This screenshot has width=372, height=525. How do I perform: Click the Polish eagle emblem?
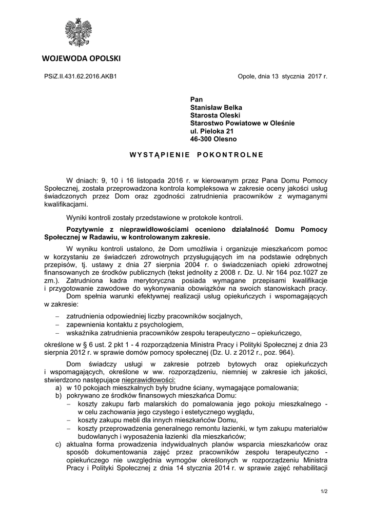pos(78,31)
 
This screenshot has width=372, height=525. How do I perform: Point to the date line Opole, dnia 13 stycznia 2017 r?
pos(282,76)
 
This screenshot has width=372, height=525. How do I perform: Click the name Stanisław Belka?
pos(216,107)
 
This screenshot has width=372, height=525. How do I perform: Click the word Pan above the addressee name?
pos(197,99)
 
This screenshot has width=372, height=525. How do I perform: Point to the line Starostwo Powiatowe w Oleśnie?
pos(242,123)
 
